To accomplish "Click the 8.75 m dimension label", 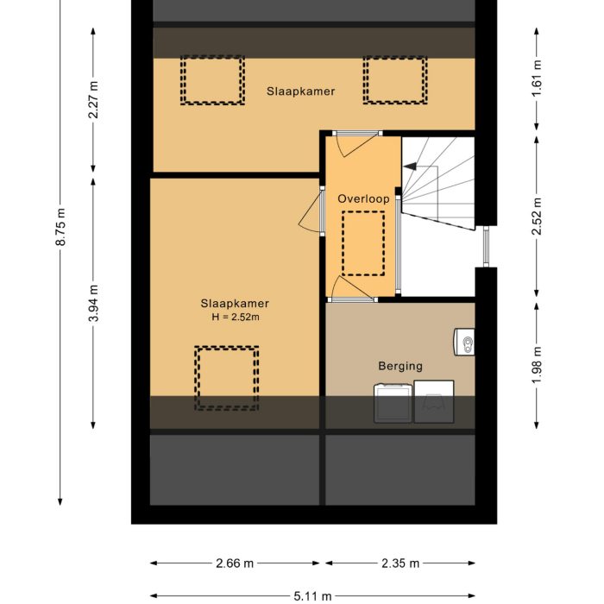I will tap(60, 228).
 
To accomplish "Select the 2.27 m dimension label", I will tap(94, 99).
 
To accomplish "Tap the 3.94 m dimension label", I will tap(94, 304).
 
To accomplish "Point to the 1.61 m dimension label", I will tap(538, 78).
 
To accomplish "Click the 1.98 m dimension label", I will tap(538, 362).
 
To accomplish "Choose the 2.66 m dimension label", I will tap(235, 563).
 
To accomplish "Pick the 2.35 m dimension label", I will tap(401, 563).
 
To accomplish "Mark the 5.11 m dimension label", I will tap(312, 595).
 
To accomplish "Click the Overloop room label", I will tap(363, 198).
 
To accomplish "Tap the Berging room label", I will tap(400, 366).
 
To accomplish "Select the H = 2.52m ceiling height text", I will tap(236, 317).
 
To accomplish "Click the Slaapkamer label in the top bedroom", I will tap(300, 91).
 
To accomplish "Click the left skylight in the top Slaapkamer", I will tap(212, 80).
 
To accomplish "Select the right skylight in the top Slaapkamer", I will tap(394, 80).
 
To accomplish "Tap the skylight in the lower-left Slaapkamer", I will tap(226, 378).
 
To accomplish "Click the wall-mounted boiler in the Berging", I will tap(465, 343).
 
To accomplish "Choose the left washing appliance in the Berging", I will tap(392, 403).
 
